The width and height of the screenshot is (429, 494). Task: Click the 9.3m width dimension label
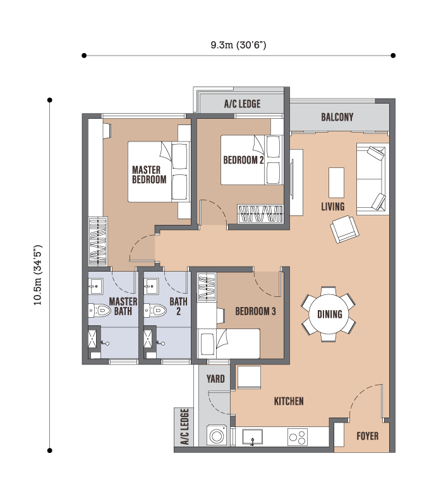click(x=238, y=45)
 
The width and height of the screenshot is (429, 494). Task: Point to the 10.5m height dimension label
click(x=38, y=275)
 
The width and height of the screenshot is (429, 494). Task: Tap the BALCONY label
click(x=337, y=117)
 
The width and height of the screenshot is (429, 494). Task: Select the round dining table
click(x=329, y=314)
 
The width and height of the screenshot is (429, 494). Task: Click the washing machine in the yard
click(x=217, y=435)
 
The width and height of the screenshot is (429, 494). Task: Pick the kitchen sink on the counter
click(x=252, y=437)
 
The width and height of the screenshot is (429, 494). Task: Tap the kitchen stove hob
click(x=298, y=437)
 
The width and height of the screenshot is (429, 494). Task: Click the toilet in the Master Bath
click(x=99, y=311)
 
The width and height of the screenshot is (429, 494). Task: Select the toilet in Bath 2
click(x=155, y=311)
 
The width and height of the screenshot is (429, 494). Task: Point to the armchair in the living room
click(x=344, y=229)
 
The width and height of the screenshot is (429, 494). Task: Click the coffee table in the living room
click(x=336, y=183)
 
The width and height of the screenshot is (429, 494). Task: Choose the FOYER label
click(x=367, y=436)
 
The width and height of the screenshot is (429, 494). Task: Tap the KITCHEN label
click(x=289, y=401)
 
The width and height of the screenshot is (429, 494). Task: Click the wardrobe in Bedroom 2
click(x=260, y=214)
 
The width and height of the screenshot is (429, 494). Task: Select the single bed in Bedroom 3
click(x=229, y=344)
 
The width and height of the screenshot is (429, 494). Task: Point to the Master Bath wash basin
click(x=95, y=286)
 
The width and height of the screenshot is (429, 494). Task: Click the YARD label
click(x=215, y=378)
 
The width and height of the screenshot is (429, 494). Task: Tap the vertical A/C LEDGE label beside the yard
click(x=185, y=426)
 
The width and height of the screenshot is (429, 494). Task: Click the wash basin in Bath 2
click(x=151, y=286)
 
